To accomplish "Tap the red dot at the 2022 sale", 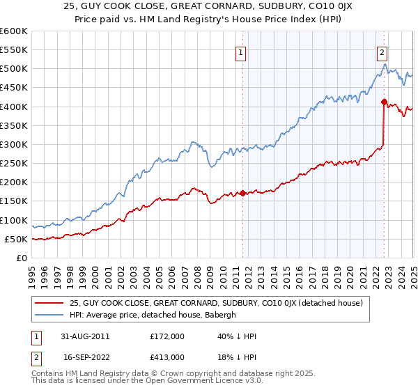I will (384, 102).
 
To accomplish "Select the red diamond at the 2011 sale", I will (242, 193).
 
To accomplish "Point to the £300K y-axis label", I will (13, 144).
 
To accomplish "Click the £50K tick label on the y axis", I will (16, 239).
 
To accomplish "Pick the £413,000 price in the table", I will (167, 357).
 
